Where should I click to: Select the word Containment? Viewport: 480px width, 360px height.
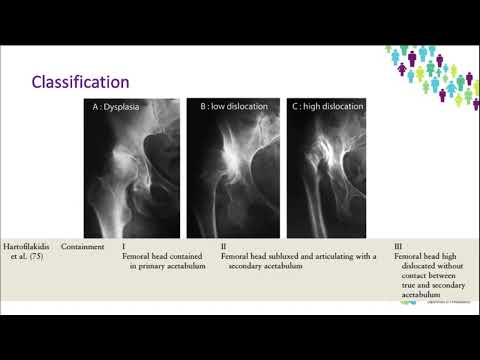(83, 246)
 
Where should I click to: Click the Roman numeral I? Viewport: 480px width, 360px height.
(123, 246)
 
